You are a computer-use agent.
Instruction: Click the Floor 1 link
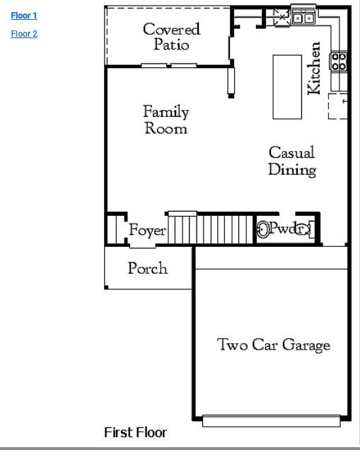coord(24,16)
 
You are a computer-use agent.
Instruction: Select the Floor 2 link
coord(24,33)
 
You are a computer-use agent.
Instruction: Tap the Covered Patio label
coord(171,36)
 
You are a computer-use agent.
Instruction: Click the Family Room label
coord(166,120)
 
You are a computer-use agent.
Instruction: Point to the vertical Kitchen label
coord(315,68)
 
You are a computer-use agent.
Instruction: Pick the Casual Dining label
coord(291,161)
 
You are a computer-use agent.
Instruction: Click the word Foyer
coord(147,231)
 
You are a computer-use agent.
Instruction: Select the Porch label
coord(148,268)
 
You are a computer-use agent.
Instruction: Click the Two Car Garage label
coord(273,345)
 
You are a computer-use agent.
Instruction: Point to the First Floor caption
coord(135,432)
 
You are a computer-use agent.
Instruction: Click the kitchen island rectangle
coord(287,86)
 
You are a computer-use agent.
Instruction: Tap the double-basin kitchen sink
coord(304,18)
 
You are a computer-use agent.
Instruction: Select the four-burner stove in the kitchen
coord(339,62)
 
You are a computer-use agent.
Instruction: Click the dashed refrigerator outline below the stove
coord(338,106)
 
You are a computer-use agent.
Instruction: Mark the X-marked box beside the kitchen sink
coord(281,16)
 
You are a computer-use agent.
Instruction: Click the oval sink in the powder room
coord(263,229)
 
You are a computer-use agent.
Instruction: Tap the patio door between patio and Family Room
coord(169,66)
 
